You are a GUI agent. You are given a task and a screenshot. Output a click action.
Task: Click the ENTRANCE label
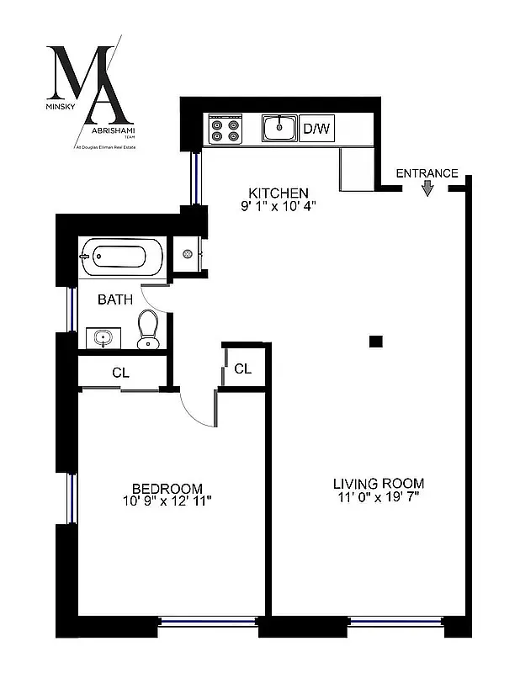click(427, 173)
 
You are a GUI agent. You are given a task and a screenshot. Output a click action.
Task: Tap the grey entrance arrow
click(427, 188)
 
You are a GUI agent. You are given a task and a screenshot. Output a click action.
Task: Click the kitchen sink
click(278, 129)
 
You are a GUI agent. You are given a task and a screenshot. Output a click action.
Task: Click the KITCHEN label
click(272, 193)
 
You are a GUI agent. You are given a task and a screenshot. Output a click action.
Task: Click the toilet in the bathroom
click(148, 329)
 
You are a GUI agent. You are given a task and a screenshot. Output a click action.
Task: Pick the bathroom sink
click(104, 339)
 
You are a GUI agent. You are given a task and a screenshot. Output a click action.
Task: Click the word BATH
click(114, 299)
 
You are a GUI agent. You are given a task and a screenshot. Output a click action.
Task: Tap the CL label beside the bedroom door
click(242, 368)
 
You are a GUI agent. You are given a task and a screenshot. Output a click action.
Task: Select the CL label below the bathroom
click(120, 372)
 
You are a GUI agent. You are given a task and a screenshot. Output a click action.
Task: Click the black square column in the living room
click(375, 341)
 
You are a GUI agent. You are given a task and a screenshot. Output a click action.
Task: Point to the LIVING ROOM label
click(378, 484)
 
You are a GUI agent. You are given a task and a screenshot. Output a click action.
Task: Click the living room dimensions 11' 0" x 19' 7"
click(378, 497)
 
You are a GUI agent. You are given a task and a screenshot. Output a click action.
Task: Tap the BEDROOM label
click(167, 488)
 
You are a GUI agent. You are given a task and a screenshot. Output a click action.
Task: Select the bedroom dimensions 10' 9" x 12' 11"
click(167, 501)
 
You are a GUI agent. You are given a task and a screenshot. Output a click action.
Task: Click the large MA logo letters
click(88, 84)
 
